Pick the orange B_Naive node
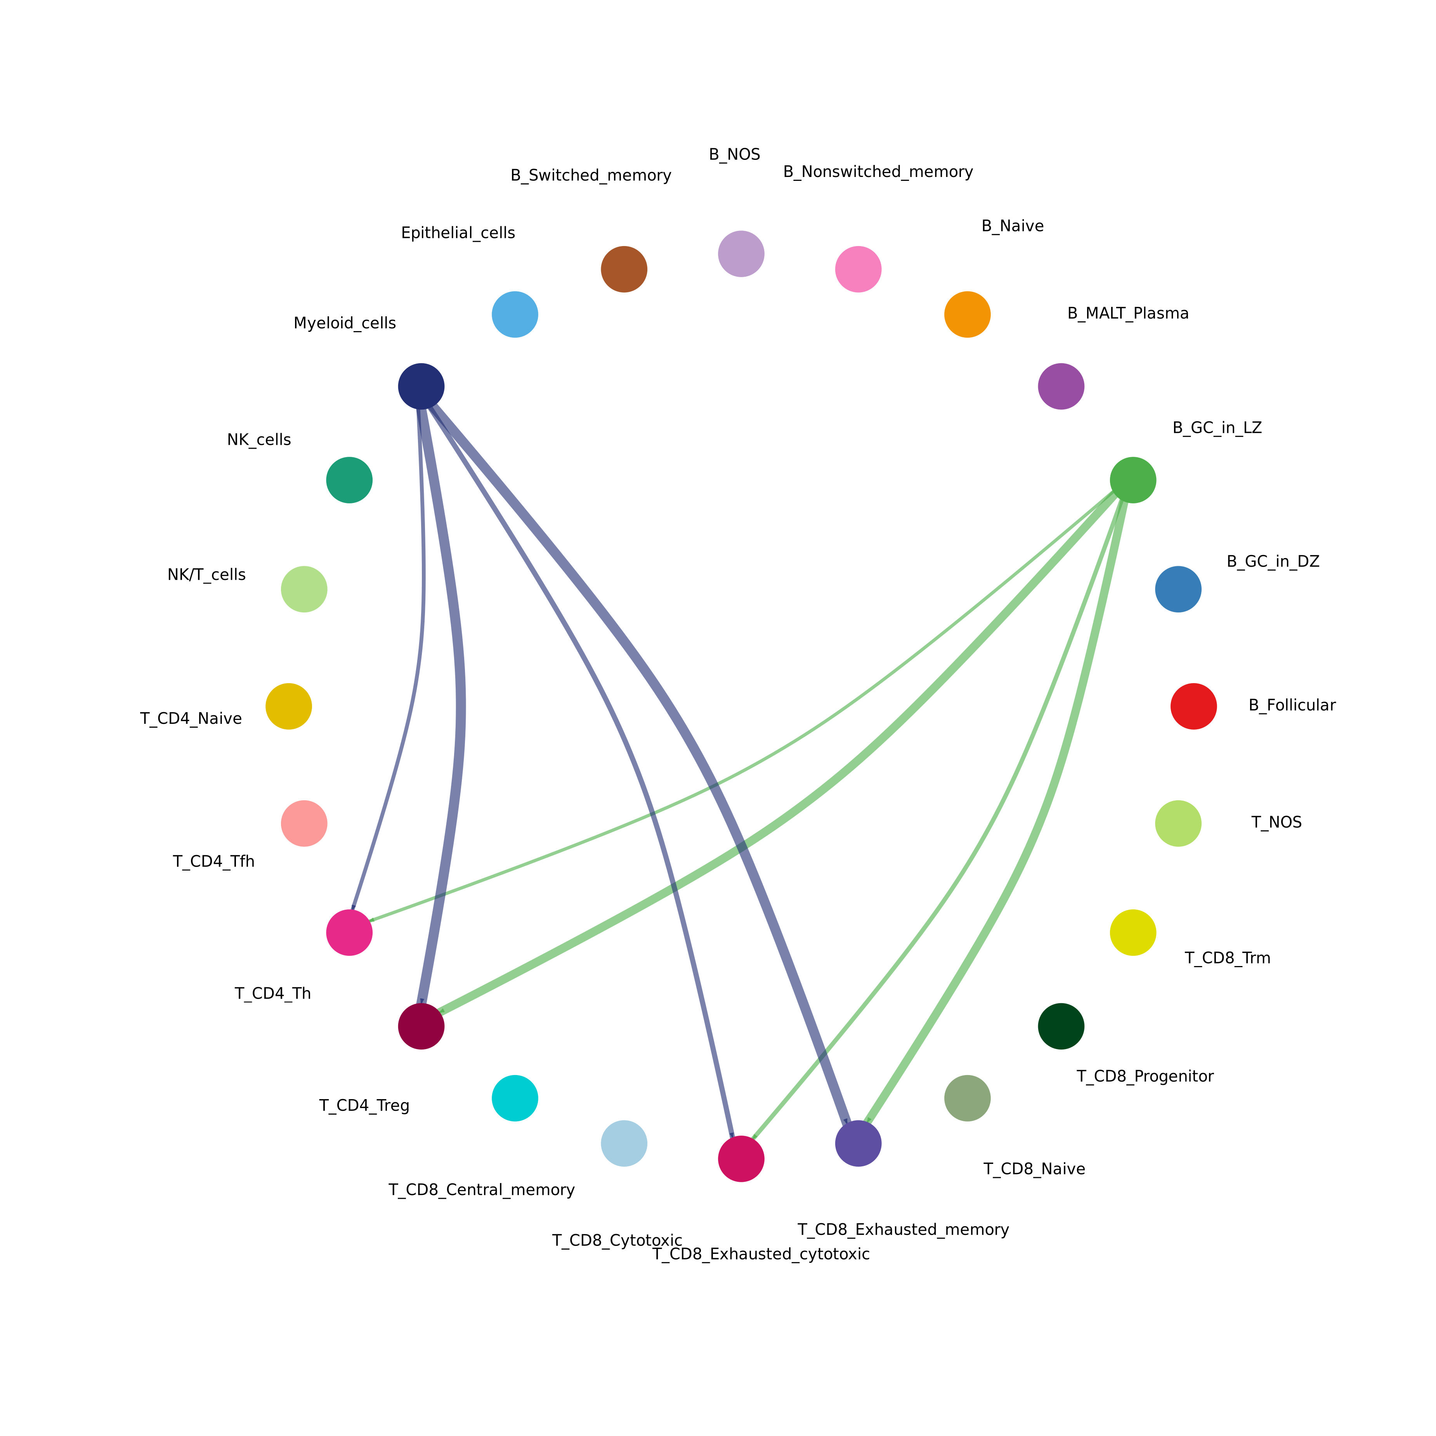click(x=967, y=314)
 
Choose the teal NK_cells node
click(x=349, y=480)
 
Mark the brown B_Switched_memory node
click(x=624, y=269)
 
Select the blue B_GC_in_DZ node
click(x=1178, y=590)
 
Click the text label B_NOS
click(x=734, y=154)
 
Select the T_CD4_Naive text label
click(x=191, y=719)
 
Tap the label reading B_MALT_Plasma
click(x=1127, y=314)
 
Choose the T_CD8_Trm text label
click(x=1227, y=958)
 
